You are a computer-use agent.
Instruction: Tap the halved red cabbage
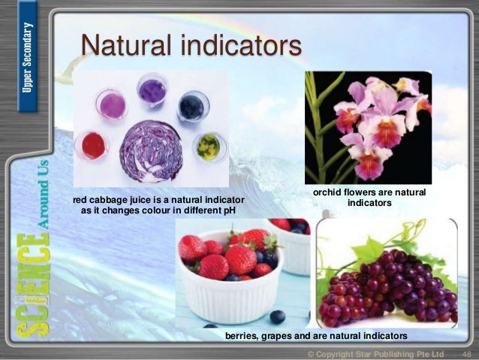click(151, 151)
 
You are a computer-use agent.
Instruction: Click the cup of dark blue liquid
click(191, 107)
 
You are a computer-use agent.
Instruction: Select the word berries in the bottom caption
click(242, 334)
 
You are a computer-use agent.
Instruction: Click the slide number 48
click(466, 353)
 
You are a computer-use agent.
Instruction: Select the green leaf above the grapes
click(368, 247)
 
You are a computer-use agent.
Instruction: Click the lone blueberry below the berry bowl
click(277, 316)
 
